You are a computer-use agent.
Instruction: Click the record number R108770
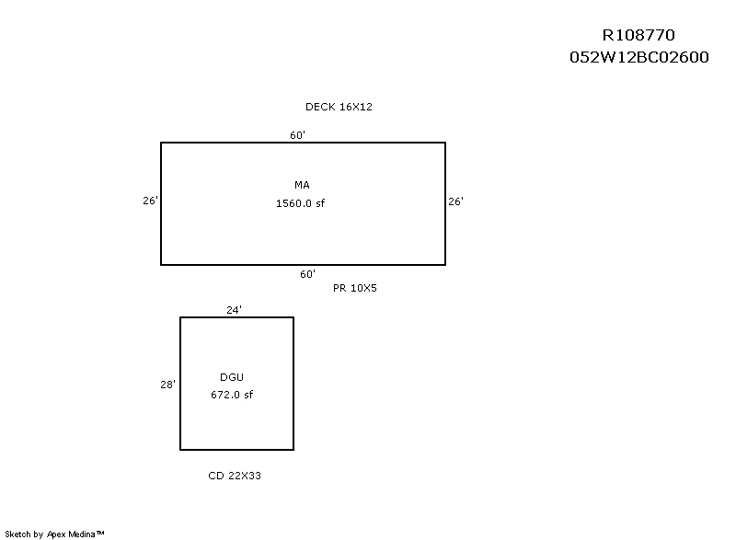tap(638, 35)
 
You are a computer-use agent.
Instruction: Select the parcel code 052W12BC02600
tap(638, 57)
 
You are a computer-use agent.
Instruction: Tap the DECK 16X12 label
tap(339, 107)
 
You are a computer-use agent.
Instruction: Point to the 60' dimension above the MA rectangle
tap(297, 135)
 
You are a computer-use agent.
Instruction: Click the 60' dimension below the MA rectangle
tap(308, 274)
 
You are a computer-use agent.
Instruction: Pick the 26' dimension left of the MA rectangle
tap(151, 201)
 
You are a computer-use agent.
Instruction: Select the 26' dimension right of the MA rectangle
tap(455, 201)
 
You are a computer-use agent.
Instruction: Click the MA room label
tap(302, 185)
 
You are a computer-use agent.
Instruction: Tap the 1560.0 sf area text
tap(301, 203)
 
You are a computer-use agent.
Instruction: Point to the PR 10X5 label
tap(355, 288)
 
